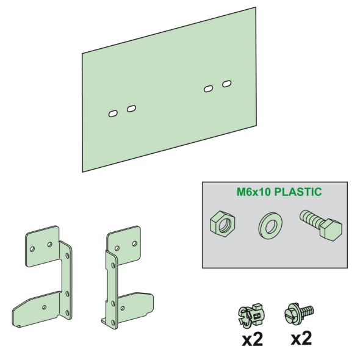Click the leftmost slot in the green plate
tap(112, 113)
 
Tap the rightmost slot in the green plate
tap(227, 82)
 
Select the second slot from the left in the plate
tap(131, 109)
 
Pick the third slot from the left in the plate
tap(208, 89)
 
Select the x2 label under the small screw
tap(300, 339)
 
